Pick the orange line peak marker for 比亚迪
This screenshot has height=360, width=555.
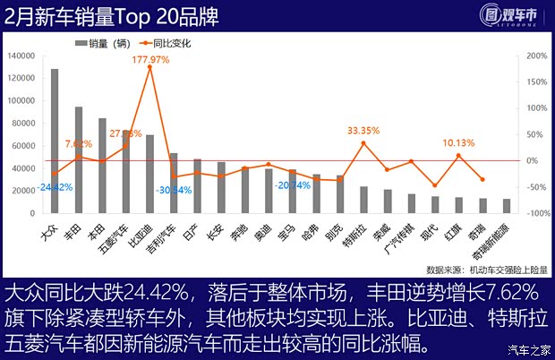point(149,67)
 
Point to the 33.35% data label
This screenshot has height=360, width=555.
point(364,130)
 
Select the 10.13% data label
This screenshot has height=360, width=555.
point(458,141)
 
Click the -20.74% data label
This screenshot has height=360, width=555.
point(293,185)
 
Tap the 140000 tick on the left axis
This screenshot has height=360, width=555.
point(21,56)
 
